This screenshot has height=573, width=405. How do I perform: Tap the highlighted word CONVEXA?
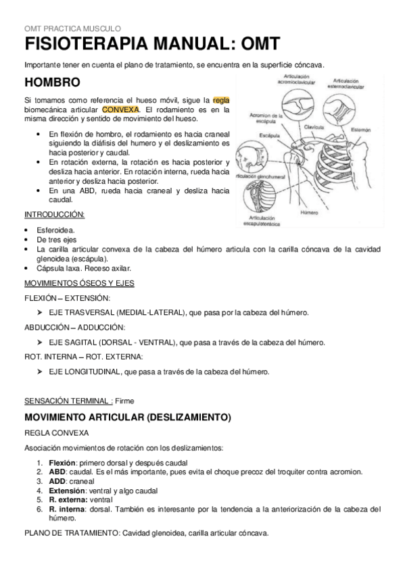120,109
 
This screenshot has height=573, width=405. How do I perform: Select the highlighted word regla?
221,100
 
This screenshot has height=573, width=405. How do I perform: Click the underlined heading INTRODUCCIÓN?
54,214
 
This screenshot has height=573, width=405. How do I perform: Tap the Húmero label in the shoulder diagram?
309,211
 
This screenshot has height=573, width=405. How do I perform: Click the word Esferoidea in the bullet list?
56,230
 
